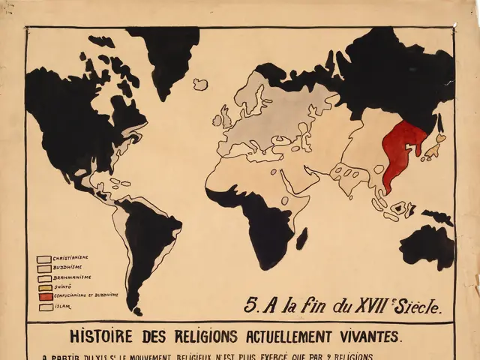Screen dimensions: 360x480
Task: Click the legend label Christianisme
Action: click(x=72, y=259)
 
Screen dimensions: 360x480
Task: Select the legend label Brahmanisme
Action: click(x=73, y=277)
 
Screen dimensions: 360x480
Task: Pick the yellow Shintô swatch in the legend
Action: click(x=44, y=287)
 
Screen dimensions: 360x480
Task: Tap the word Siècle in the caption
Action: click(x=414, y=305)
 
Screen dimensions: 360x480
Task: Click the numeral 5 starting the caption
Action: click(x=250, y=305)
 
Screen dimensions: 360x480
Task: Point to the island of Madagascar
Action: click(x=301, y=238)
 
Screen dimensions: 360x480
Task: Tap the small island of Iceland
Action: click(x=200, y=84)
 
